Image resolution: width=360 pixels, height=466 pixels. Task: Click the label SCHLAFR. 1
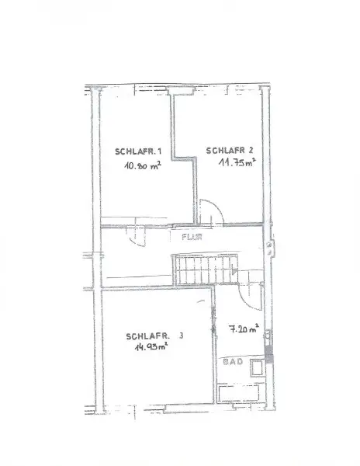[138, 151]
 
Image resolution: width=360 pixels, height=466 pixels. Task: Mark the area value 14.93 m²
[148, 348]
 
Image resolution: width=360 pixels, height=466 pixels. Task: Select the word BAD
[230, 362]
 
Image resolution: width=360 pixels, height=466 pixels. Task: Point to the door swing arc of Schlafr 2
[211, 211]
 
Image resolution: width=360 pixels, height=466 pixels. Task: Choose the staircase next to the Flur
[203, 273]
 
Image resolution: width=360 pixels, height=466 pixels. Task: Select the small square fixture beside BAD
[254, 370]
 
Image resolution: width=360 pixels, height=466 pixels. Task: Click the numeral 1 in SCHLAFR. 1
[159, 151]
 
